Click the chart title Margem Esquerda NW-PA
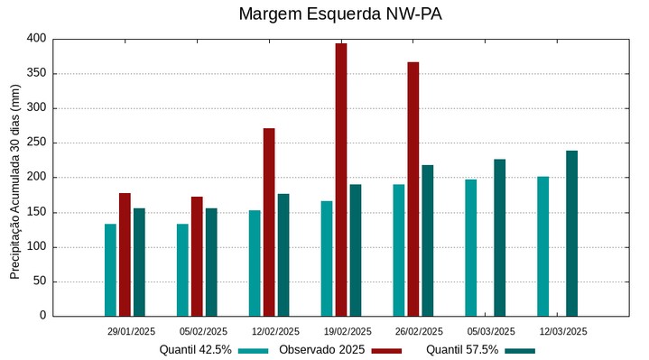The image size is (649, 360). [340, 14]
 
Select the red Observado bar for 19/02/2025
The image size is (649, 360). [341, 180]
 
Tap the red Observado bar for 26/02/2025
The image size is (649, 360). [413, 189]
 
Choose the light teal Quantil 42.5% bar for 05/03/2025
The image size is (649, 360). [470, 247]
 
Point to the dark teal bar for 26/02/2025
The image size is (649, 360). [428, 240]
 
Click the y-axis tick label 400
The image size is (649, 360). [36, 39]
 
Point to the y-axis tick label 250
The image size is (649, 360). [36, 143]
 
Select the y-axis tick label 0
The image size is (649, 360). [42, 316]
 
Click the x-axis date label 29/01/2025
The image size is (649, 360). [131, 331]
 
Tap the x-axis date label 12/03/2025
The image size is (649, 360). [563, 331]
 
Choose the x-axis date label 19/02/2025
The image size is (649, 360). [347, 331]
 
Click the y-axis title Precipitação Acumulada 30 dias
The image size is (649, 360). [14, 180]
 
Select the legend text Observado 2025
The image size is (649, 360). [321, 350]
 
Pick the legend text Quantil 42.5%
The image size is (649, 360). [195, 350]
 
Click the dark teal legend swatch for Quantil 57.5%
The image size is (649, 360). [520, 350]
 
